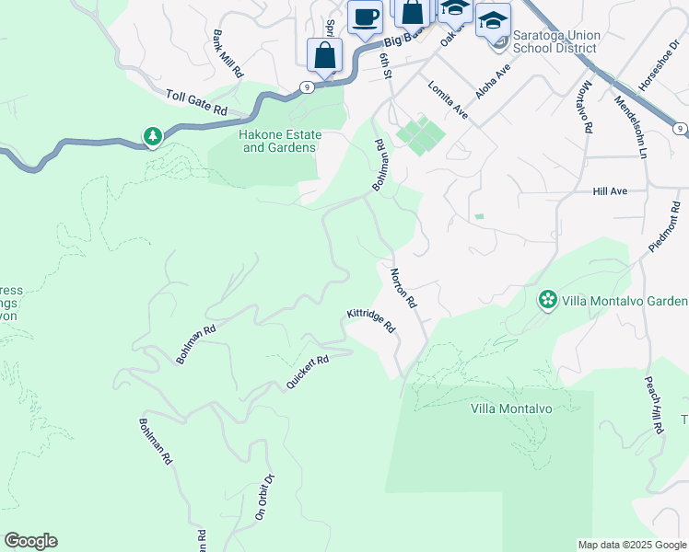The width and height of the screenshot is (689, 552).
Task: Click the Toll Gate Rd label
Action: coord(197,102)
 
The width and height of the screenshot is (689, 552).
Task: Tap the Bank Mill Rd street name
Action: coord(228,52)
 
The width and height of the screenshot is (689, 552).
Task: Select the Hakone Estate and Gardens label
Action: coord(278,141)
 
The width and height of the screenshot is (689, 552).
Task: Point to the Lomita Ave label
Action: coord(448,98)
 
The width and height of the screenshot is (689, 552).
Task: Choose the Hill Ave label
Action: coord(610,191)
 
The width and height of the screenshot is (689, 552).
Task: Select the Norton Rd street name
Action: coord(404,288)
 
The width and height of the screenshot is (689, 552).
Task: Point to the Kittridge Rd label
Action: coord(371,320)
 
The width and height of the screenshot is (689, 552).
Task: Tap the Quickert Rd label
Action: coord(307,372)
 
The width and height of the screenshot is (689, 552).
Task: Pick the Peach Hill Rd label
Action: coord(655,406)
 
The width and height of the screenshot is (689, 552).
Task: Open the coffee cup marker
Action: coord(365,17)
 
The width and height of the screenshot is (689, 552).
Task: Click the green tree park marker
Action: coord(152,137)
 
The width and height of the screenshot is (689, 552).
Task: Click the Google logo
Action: coord(30,541)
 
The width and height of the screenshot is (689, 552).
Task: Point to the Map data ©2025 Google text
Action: coord(632,545)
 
